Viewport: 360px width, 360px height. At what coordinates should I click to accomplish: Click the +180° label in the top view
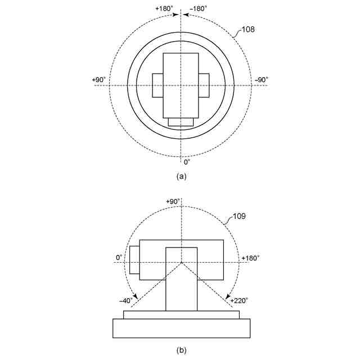click(x=164, y=9)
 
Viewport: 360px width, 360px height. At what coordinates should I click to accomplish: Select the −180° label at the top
click(x=199, y=9)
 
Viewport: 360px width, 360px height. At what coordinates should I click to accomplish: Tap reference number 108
click(x=247, y=29)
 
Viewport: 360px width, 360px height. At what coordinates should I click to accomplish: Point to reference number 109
click(x=239, y=216)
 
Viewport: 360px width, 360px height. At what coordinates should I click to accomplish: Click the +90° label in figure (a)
click(x=99, y=80)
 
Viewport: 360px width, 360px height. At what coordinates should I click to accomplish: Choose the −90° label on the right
click(x=262, y=80)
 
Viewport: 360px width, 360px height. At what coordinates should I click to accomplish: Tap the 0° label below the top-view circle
click(x=187, y=162)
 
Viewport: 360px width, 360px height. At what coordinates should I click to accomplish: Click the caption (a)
click(x=181, y=176)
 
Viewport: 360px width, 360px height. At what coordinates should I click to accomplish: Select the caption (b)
click(x=181, y=350)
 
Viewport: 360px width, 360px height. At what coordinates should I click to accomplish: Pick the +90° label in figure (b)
click(x=173, y=201)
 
